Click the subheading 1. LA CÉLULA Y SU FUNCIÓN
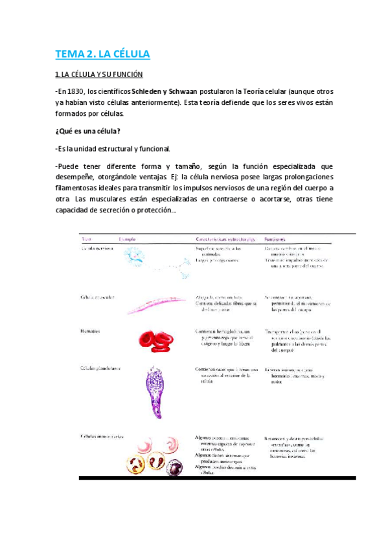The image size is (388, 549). pos(98,74)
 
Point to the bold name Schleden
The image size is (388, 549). pos(148,91)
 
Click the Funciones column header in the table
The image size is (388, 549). pos(276,239)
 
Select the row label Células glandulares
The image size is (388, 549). pos(104,368)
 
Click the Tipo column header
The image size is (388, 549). pos(86,240)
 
